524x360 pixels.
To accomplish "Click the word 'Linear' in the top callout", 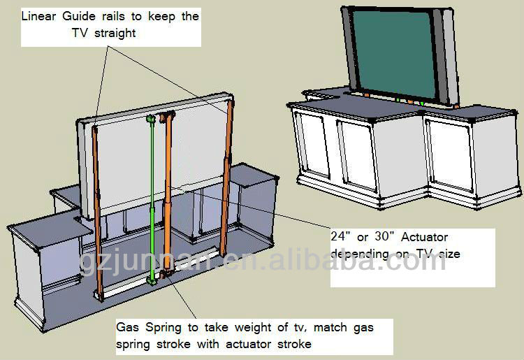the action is click(x=38, y=16).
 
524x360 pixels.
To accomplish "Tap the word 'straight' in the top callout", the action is click(x=115, y=34).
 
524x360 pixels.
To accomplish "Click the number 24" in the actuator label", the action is click(x=340, y=236).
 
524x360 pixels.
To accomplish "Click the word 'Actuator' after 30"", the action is click(x=424, y=237).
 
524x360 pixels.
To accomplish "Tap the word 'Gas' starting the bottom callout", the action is click(x=127, y=327).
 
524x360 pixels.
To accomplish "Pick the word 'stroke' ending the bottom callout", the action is click(x=294, y=344).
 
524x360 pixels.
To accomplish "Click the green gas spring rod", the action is click(x=152, y=199).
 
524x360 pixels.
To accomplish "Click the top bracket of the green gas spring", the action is click(x=151, y=118).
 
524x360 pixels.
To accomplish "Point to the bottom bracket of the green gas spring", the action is click(x=152, y=281).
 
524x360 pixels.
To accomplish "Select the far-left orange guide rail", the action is click(x=97, y=214).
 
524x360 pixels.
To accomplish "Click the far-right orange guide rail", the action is click(x=226, y=176).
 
